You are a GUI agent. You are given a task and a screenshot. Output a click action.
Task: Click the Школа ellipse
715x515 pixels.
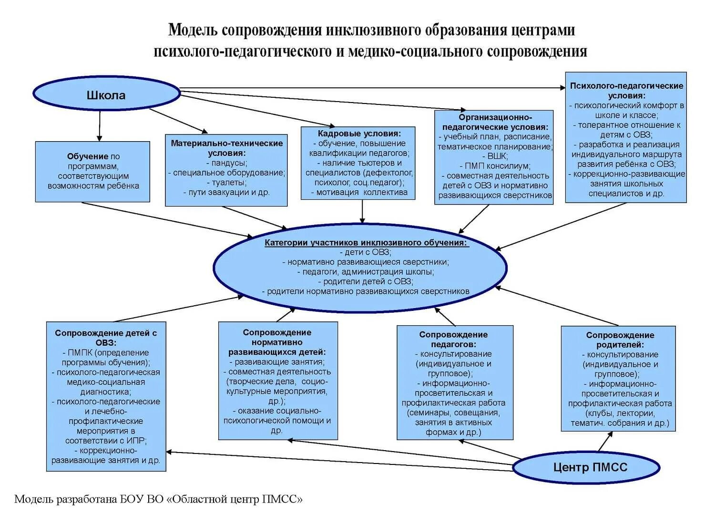pyautogui.click(x=106, y=95)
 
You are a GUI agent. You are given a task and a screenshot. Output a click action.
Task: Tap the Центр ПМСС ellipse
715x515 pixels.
pyautogui.click(x=590, y=467)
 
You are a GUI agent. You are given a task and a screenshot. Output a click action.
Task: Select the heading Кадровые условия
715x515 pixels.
pyautogui.click(x=359, y=134)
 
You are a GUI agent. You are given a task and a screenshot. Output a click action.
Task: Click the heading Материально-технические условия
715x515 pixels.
pyautogui.click(x=227, y=148)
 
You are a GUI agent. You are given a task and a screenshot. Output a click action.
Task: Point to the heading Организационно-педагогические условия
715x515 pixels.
pyautogui.click(x=495, y=122)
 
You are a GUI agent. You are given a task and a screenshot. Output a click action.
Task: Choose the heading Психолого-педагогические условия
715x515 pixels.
pyautogui.click(x=626, y=91)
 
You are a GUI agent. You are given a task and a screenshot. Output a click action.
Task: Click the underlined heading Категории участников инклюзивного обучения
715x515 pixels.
pyautogui.click(x=366, y=243)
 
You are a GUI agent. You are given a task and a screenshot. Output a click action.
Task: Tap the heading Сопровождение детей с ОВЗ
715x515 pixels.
pyautogui.click(x=106, y=338)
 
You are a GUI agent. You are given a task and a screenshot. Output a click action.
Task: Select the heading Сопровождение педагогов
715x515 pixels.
pyautogui.click(x=453, y=339)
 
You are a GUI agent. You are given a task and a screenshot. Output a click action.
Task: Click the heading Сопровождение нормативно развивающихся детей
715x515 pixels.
pyautogui.click(x=277, y=342)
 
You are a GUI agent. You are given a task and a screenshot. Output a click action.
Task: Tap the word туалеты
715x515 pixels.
pyautogui.click(x=227, y=183)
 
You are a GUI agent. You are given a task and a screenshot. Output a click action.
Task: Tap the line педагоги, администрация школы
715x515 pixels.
pyautogui.click(x=368, y=272)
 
